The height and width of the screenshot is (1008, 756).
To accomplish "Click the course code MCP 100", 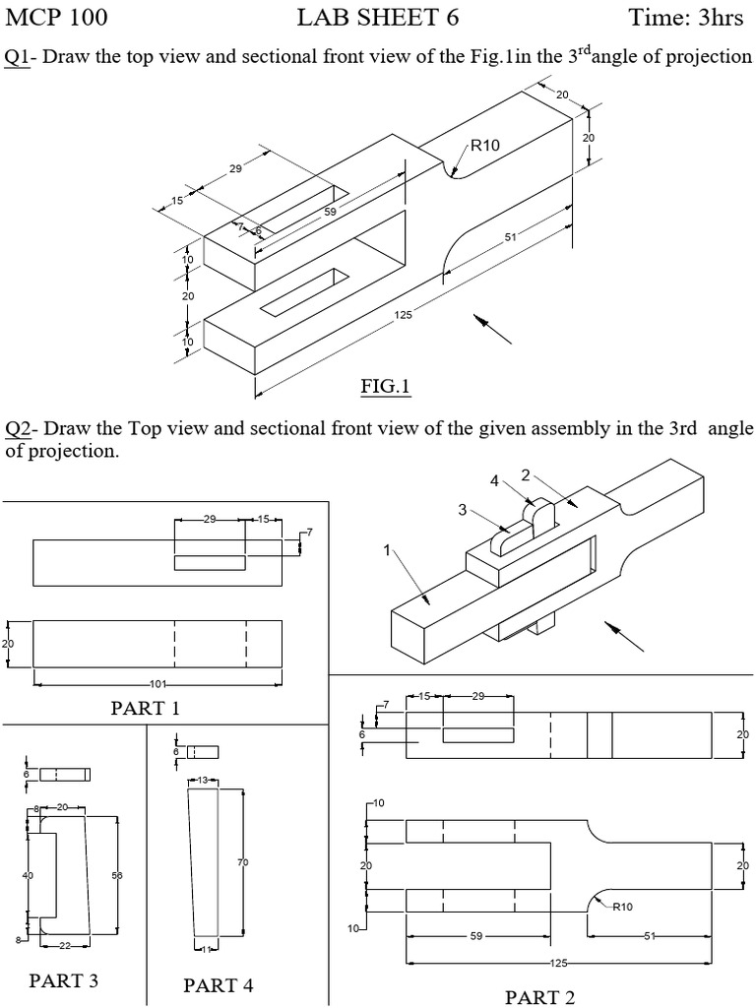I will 57,18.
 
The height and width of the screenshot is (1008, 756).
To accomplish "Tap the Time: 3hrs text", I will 685,18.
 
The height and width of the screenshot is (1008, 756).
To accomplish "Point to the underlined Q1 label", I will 17,56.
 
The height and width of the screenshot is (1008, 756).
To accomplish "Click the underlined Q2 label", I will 20,429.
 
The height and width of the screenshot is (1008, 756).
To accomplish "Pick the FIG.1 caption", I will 384,387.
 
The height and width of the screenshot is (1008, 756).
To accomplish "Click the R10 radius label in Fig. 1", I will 484,146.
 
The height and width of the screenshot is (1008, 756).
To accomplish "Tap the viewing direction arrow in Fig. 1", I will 493,329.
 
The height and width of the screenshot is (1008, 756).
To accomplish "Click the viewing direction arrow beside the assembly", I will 624,636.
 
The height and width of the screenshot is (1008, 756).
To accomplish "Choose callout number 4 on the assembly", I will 496,480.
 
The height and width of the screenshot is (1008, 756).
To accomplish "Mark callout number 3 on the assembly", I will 462,509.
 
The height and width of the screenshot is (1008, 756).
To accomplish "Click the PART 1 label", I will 146,708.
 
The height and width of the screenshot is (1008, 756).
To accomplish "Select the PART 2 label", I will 539,997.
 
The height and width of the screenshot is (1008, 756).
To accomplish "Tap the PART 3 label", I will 64,979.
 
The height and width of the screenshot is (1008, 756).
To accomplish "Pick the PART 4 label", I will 219,984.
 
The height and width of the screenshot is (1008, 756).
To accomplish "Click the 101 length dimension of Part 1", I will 157,683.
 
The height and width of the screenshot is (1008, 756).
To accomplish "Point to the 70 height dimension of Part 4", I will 242,862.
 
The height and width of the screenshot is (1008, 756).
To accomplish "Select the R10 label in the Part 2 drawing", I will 622,907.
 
